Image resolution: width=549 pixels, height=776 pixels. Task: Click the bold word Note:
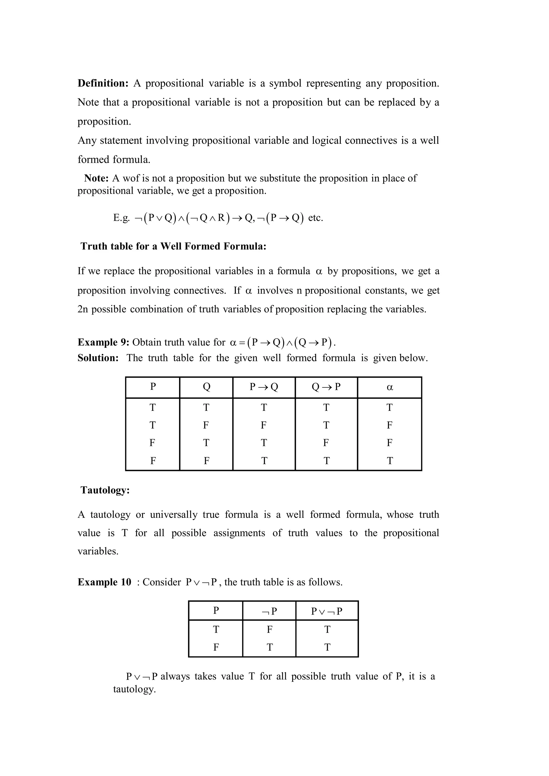coord(97,178)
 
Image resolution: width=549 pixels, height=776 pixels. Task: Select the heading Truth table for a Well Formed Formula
coord(173,246)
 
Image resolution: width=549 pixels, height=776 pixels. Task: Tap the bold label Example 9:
coord(103,342)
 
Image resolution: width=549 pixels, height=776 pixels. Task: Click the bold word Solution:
coord(98,358)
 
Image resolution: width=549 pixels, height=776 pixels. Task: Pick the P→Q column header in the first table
coord(264,387)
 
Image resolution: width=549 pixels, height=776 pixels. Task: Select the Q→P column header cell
coord(326,387)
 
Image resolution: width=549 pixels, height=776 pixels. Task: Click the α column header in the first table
coord(390,387)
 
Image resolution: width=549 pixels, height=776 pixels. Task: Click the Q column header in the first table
coord(206,387)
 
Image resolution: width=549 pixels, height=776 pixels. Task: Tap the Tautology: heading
coord(105,490)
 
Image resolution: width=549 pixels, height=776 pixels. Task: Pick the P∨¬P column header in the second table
coord(327,611)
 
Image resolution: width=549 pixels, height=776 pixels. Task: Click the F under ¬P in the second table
coord(270,629)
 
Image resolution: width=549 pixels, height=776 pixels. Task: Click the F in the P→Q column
coord(264,425)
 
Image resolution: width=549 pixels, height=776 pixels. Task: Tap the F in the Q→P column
coord(326,443)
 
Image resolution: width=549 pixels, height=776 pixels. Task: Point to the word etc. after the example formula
coord(316,218)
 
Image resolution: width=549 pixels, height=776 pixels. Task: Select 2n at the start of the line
coord(83,309)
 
